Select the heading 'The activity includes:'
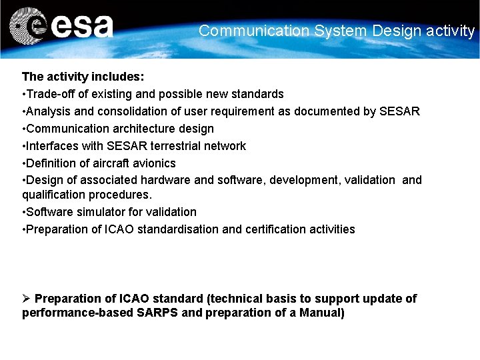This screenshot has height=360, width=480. (x=83, y=77)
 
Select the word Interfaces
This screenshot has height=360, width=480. (x=53, y=146)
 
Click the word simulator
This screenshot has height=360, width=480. (x=100, y=212)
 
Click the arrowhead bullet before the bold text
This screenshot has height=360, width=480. (x=26, y=299)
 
